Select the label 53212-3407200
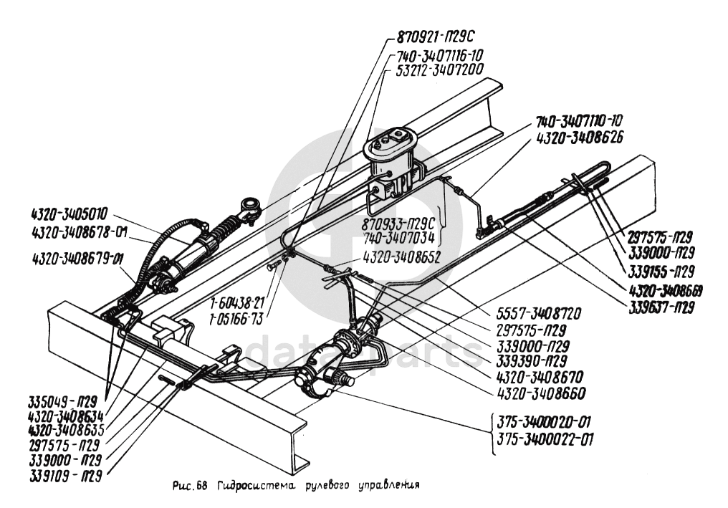(x=439, y=69)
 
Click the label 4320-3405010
(x=70, y=214)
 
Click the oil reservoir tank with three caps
(x=393, y=147)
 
